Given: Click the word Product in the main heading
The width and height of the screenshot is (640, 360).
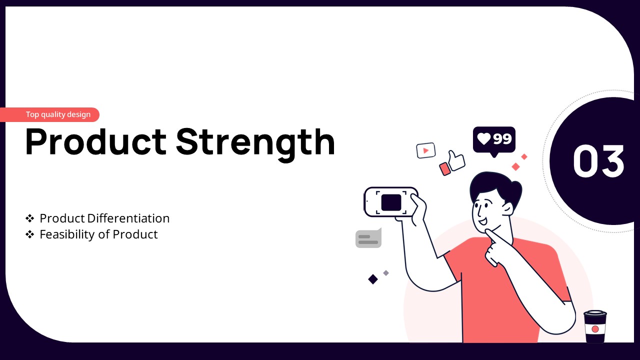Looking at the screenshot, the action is pyautogui.click(x=96, y=141).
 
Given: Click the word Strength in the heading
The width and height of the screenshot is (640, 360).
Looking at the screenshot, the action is pyautogui.click(x=255, y=144).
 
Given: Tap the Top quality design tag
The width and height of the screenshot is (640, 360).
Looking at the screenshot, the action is pyautogui.click(x=49, y=114).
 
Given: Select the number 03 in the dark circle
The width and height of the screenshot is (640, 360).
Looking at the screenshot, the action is pyautogui.click(x=598, y=161).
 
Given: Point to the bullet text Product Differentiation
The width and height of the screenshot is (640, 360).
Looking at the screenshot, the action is pyautogui.click(x=104, y=218).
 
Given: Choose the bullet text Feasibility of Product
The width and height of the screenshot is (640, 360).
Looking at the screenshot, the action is pyautogui.click(x=98, y=234).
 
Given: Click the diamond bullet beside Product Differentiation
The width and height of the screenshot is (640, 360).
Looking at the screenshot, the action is pyautogui.click(x=29, y=218).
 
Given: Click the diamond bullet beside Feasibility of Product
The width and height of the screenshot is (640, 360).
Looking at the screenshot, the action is pyautogui.click(x=29, y=234).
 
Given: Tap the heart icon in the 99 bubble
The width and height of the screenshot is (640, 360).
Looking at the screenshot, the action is pyautogui.click(x=484, y=139).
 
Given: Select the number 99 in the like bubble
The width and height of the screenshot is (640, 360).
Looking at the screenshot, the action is pyautogui.click(x=502, y=139).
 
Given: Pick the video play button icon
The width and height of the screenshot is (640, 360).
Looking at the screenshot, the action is pyautogui.click(x=425, y=150).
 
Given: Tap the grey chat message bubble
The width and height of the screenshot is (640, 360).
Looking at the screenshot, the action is pyautogui.click(x=368, y=238).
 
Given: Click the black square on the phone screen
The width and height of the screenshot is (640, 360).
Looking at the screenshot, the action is pyautogui.click(x=391, y=202).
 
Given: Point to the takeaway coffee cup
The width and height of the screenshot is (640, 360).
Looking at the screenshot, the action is pyautogui.click(x=595, y=326).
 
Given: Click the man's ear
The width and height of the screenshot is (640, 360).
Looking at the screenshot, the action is pyautogui.click(x=507, y=209).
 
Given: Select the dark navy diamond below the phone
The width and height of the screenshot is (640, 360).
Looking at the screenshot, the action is pyautogui.click(x=373, y=279).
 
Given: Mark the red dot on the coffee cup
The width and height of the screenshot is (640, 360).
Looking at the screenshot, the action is pyautogui.click(x=595, y=329).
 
